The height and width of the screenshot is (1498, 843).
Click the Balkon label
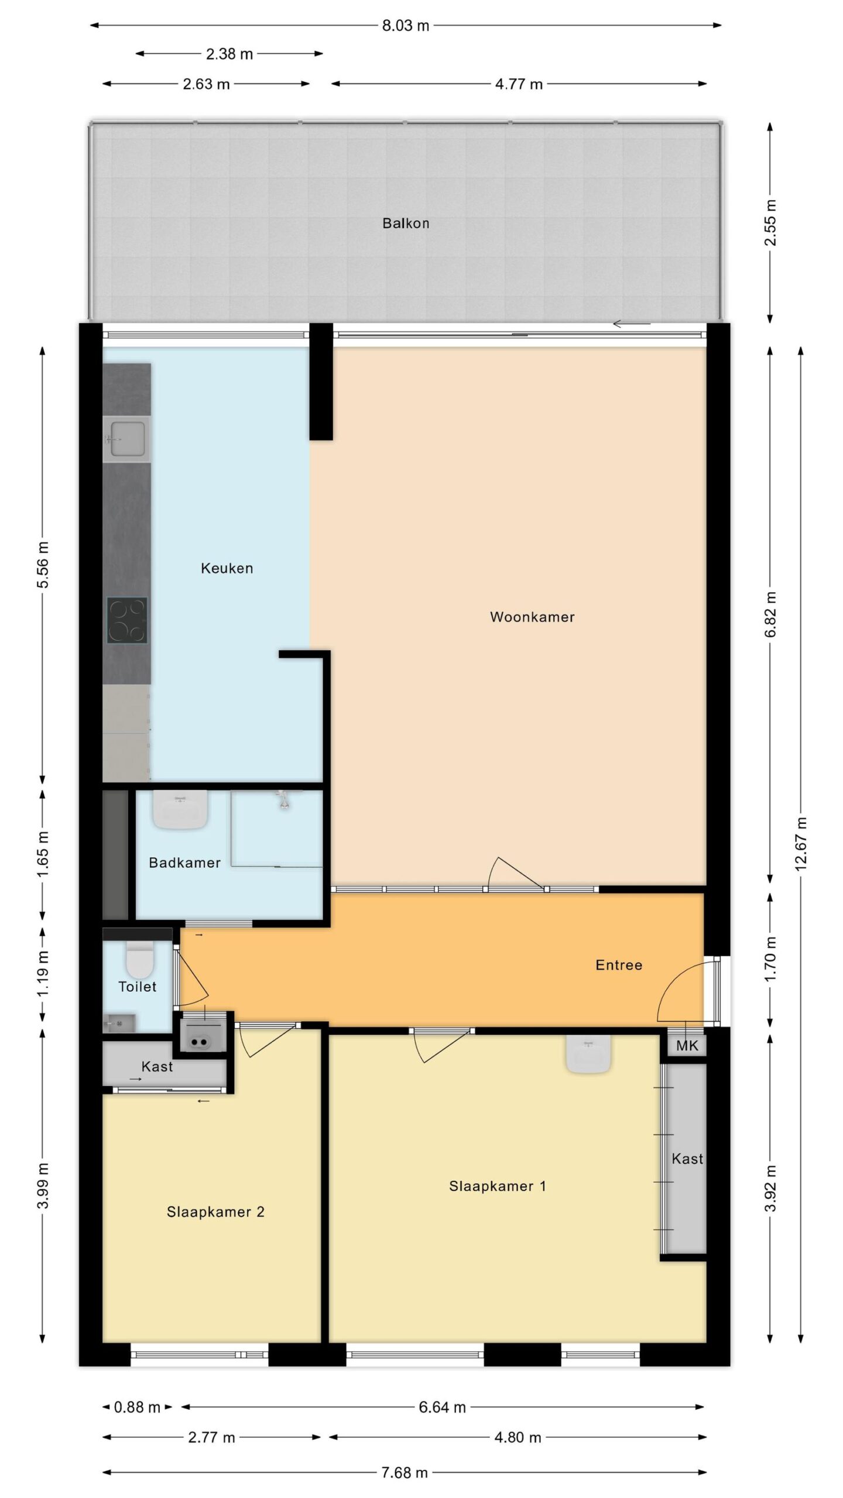[x=406, y=223]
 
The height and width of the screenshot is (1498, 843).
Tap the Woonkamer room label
[x=532, y=617]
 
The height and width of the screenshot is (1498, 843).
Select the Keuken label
[x=227, y=568]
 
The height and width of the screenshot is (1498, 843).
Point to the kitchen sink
[x=126, y=439]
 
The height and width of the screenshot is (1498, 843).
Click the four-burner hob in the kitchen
[x=126, y=620]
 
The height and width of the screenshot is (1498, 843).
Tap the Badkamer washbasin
[x=180, y=809]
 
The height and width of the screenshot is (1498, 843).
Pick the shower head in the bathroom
[x=284, y=799]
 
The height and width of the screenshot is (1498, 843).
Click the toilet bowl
[x=140, y=959]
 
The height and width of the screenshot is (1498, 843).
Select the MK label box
[x=687, y=1045]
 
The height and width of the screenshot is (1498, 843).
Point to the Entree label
[x=619, y=965]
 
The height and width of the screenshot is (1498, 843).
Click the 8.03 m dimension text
[x=406, y=26]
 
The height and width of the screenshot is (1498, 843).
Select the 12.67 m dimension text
[x=801, y=844]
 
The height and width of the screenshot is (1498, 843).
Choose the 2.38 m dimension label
[x=229, y=54]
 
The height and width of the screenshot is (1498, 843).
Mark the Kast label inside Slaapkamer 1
[x=687, y=1159]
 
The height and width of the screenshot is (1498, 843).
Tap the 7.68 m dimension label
[x=405, y=1473]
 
